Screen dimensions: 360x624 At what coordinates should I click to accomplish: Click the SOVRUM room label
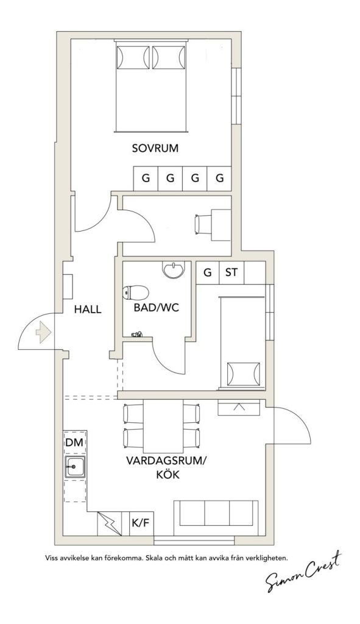[x=155, y=149]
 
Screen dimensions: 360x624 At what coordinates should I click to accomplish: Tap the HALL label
[x=88, y=309]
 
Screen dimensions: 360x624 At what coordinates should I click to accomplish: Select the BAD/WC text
[x=156, y=308]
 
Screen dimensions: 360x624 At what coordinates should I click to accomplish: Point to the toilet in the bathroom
[x=136, y=292]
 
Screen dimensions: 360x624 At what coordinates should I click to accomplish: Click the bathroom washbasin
[x=174, y=269]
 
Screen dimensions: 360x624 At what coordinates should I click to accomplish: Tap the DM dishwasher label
[x=74, y=442]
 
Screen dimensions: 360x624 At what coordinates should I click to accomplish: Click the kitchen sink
[x=75, y=466]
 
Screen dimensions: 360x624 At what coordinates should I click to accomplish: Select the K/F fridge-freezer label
[x=142, y=522]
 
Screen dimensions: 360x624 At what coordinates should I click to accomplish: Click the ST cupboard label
[x=231, y=272]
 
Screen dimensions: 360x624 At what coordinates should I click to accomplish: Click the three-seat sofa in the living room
[x=216, y=513]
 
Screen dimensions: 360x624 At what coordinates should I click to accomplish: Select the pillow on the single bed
[x=243, y=374]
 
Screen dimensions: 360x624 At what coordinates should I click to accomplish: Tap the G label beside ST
[x=207, y=272]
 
